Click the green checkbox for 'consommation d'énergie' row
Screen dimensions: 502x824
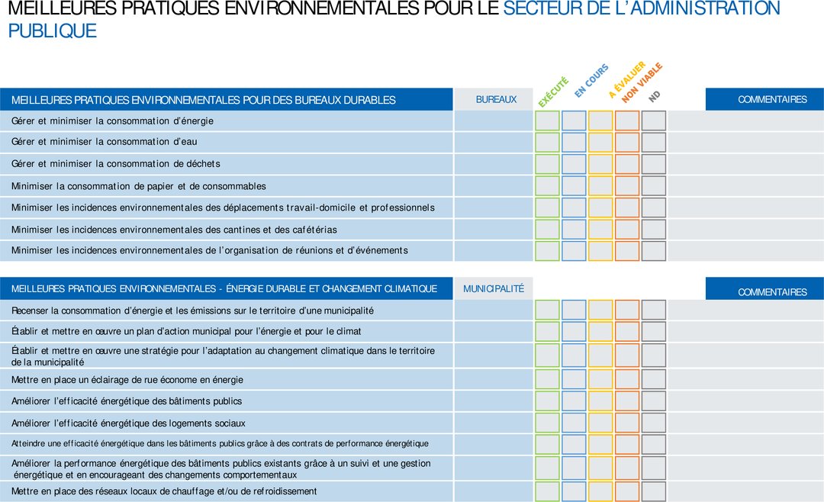click(547, 121)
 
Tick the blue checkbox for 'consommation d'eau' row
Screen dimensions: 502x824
click(574, 142)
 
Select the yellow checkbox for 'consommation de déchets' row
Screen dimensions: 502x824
click(600, 164)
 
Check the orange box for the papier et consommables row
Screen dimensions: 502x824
click(627, 185)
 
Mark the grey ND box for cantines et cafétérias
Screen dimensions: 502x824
click(654, 229)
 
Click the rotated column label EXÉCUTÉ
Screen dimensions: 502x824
click(553, 92)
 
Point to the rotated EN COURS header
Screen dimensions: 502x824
click(591, 80)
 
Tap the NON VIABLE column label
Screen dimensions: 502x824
click(642, 83)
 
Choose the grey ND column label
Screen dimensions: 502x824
click(655, 96)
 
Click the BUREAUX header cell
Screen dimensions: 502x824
click(496, 100)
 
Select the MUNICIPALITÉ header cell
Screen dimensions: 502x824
click(494, 289)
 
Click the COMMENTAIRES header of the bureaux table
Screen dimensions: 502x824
click(772, 100)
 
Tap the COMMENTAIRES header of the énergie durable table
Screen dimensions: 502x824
click(772, 292)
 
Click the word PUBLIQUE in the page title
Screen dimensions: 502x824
click(53, 31)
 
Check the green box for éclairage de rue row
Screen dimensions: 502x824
click(547, 379)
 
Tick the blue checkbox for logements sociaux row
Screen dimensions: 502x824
click(574, 423)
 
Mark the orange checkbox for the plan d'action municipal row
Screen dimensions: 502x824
click(627, 331)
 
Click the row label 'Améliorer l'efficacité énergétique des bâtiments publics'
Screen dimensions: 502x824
click(127, 401)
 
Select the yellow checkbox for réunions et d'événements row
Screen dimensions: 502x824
click(600, 250)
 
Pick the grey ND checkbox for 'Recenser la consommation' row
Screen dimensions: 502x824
click(654, 310)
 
